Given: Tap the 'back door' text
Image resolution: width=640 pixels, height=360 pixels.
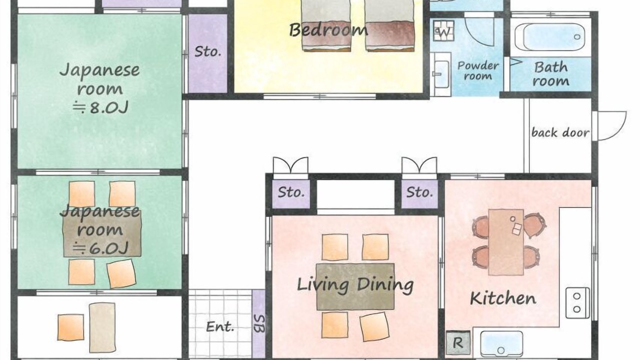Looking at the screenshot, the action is [560, 132].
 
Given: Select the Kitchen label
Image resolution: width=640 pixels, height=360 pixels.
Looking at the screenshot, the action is [503, 298].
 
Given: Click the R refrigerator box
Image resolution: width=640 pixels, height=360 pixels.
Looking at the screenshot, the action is [458, 343].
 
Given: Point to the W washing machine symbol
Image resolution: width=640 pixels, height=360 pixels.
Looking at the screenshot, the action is [443, 31].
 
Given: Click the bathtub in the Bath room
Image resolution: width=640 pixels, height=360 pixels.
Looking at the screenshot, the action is [549, 37].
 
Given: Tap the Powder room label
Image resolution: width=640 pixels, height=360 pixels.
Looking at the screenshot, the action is [478, 70].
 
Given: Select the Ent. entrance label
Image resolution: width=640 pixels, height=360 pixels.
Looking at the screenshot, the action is [220, 326].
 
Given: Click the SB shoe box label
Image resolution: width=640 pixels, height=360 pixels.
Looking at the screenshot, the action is [259, 323].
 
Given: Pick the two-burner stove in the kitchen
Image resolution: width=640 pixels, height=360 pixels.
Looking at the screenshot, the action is [577, 303].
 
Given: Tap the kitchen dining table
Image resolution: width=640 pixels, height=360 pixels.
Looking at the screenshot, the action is [505, 242].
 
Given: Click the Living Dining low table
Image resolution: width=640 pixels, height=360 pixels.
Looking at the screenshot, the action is [355, 286].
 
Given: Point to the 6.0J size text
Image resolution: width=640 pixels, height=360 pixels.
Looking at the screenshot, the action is [100, 248].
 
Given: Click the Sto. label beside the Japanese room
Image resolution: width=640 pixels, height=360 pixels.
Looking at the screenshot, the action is [207, 51].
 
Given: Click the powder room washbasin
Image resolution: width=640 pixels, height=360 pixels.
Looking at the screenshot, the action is [440, 73].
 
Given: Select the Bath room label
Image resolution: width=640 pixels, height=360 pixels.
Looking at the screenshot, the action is [550, 74].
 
